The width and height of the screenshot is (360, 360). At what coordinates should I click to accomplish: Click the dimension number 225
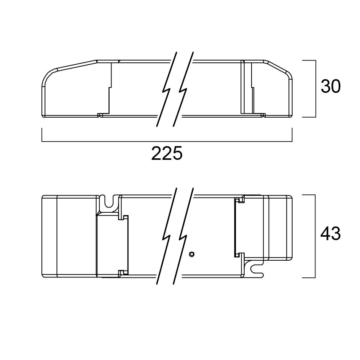click(x=167, y=153)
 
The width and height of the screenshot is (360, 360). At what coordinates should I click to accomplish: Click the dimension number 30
click(x=331, y=86)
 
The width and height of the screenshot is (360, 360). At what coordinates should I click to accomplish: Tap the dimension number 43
click(x=330, y=234)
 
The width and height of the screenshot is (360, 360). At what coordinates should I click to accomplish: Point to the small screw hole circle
click(x=191, y=254)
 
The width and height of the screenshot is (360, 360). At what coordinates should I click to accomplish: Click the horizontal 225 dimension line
click(x=167, y=142)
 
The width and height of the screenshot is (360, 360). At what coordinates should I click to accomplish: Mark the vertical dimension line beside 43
click(x=315, y=236)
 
